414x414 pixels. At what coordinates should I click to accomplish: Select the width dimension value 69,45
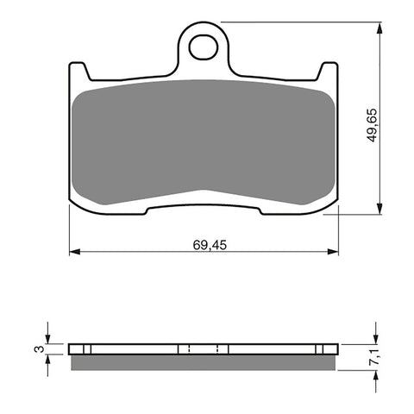tap(204, 244)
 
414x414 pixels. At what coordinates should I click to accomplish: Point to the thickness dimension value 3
tap(37, 348)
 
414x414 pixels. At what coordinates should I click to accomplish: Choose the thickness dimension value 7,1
tap(372, 354)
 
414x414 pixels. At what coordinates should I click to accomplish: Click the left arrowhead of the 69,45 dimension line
tap(73, 252)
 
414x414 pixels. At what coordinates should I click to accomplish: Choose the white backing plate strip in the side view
tap(204, 348)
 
